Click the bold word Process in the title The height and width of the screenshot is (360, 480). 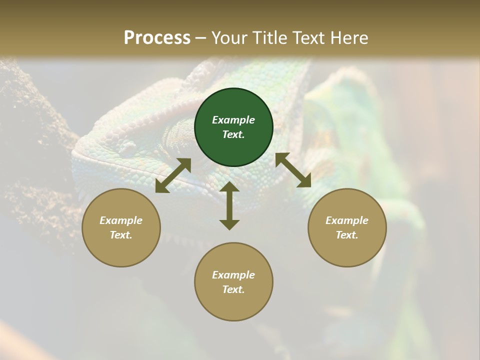coord(157,37)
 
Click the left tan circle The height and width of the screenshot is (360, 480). coord(121,250)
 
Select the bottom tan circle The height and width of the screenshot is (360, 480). coord(233,305)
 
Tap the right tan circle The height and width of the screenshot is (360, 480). coord(347,250)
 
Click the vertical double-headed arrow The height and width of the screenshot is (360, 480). coord(229,205)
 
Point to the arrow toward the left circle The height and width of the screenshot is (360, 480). coord(173,175)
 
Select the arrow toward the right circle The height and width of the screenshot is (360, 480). coord(293,170)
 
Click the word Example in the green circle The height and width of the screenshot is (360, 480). coord(233,120)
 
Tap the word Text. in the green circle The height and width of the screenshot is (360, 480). coord(233,134)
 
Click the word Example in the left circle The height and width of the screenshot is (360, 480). coord(121,220)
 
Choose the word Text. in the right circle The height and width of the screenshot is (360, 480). coord(347,235)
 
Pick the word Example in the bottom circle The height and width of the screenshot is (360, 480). coord(233,275)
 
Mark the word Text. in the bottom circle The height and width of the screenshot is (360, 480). coord(233,289)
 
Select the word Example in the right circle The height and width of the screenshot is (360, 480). coord(347,220)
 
